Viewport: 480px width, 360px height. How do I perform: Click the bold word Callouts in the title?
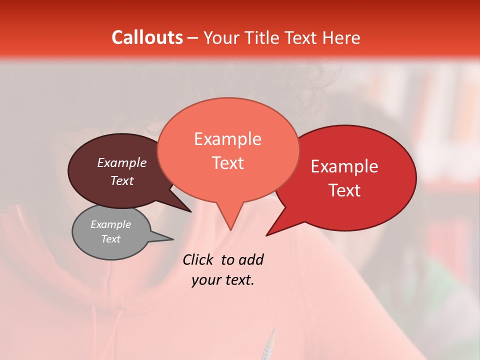pos(147,37)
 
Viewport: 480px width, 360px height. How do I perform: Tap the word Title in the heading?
pos(265,37)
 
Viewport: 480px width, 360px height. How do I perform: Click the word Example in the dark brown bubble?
pos(122,162)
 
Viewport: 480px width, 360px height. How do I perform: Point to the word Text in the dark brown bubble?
pos(122,180)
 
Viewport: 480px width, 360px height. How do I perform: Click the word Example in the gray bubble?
pos(111,224)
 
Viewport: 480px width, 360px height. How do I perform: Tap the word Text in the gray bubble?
pos(111,239)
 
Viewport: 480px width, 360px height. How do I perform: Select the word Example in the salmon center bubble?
pos(227,139)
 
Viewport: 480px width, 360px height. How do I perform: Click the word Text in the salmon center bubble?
pos(227,163)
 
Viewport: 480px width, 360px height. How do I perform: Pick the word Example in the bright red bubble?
pos(344,166)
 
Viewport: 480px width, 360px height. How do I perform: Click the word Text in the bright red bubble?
pos(344,190)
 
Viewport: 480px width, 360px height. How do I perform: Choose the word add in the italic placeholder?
pos(250,259)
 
